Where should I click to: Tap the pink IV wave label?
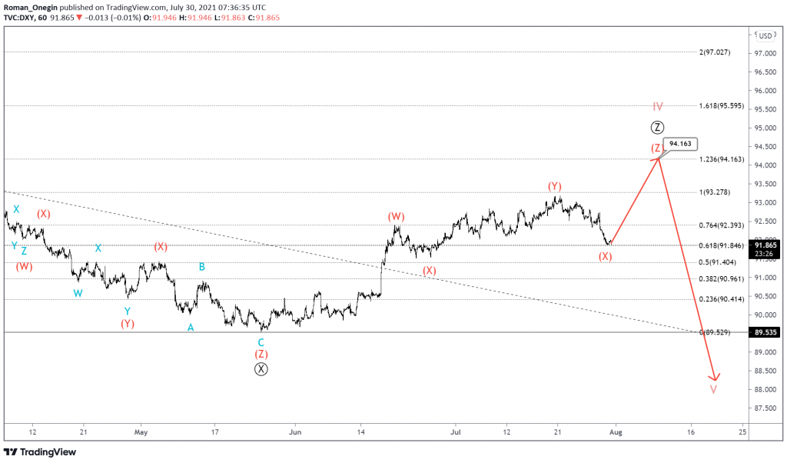658,106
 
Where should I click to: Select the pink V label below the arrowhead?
714,389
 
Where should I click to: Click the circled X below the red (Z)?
261,368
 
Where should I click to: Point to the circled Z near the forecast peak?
657,128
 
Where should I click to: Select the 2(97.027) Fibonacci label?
726,52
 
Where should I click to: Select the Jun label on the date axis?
294,432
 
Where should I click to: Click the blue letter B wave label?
202,267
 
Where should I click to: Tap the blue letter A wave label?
191,327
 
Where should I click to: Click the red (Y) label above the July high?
555,186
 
